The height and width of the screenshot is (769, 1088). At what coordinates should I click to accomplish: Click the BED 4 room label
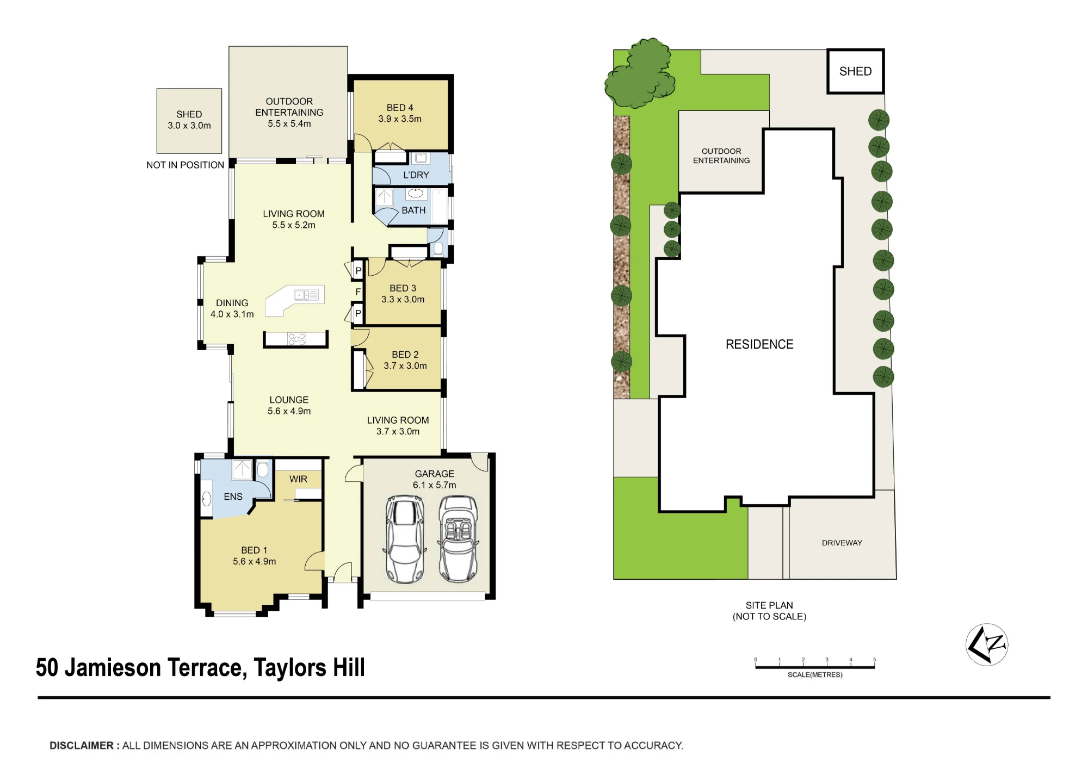click(x=400, y=113)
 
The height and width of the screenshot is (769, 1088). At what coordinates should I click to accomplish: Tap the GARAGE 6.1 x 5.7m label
click(x=434, y=479)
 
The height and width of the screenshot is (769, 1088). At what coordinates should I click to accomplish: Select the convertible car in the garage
click(x=458, y=538)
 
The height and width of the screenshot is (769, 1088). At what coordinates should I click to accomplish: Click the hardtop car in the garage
click(x=405, y=539)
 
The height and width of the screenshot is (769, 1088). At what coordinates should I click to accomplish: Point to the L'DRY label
click(x=416, y=175)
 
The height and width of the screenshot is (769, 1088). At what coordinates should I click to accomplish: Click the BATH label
click(x=413, y=210)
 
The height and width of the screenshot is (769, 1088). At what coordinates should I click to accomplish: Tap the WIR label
click(x=298, y=479)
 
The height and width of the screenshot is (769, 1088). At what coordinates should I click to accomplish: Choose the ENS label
click(x=233, y=497)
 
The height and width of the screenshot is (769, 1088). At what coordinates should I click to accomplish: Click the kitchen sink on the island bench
click(x=306, y=295)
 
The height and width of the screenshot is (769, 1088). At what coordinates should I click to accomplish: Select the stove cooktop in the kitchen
click(x=297, y=339)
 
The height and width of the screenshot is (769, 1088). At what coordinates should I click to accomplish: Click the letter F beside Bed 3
click(x=358, y=292)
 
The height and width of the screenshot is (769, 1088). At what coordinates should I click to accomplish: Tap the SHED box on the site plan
click(x=856, y=71)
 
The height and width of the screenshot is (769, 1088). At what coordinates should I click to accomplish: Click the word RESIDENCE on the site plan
click(x=759, y=344)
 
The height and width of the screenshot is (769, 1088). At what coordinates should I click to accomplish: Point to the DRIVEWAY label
click(x=842, y=543)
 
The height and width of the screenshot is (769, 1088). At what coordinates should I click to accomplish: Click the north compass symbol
click(x=987, y=644)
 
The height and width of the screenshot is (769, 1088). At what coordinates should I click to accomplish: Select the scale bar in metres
click(x=815, y=666)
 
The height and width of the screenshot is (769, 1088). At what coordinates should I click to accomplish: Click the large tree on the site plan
click(x=640, y=73)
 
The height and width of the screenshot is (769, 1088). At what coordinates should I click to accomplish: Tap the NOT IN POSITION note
click(x=185, y=165)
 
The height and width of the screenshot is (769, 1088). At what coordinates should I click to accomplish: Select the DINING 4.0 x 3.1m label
click(x=232, y=308)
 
